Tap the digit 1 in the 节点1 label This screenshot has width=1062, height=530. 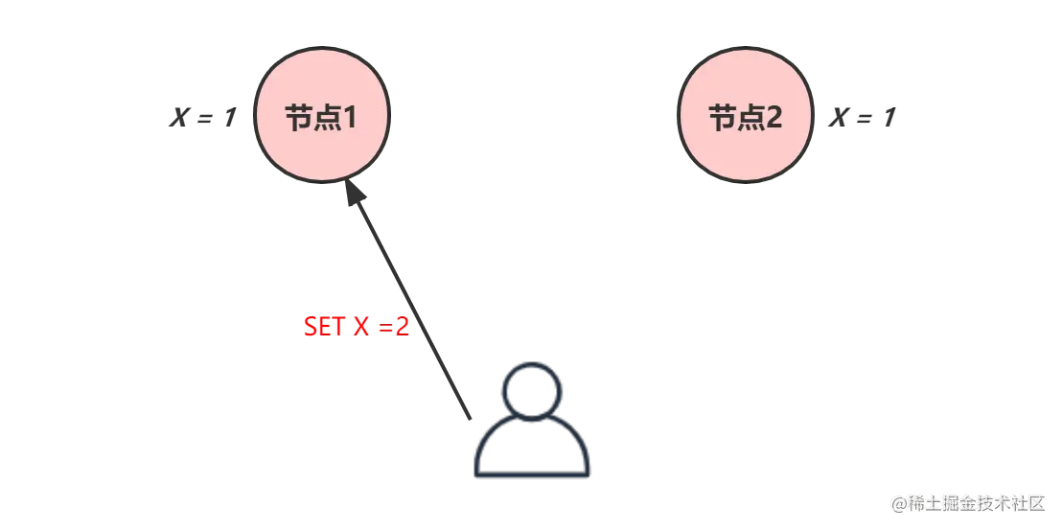(x=348, y=118)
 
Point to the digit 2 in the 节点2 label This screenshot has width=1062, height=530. (x=773, y=118)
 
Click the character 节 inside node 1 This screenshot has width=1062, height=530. (x=298, y=118)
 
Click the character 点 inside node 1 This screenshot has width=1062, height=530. (x=324, y=118)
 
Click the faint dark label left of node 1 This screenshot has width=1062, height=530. (x=198, y=119)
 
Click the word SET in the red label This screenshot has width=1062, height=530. (x=324, y=327)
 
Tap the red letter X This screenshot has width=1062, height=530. (x=361, y=327)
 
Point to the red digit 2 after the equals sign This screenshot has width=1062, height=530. (x=403, y=327)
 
